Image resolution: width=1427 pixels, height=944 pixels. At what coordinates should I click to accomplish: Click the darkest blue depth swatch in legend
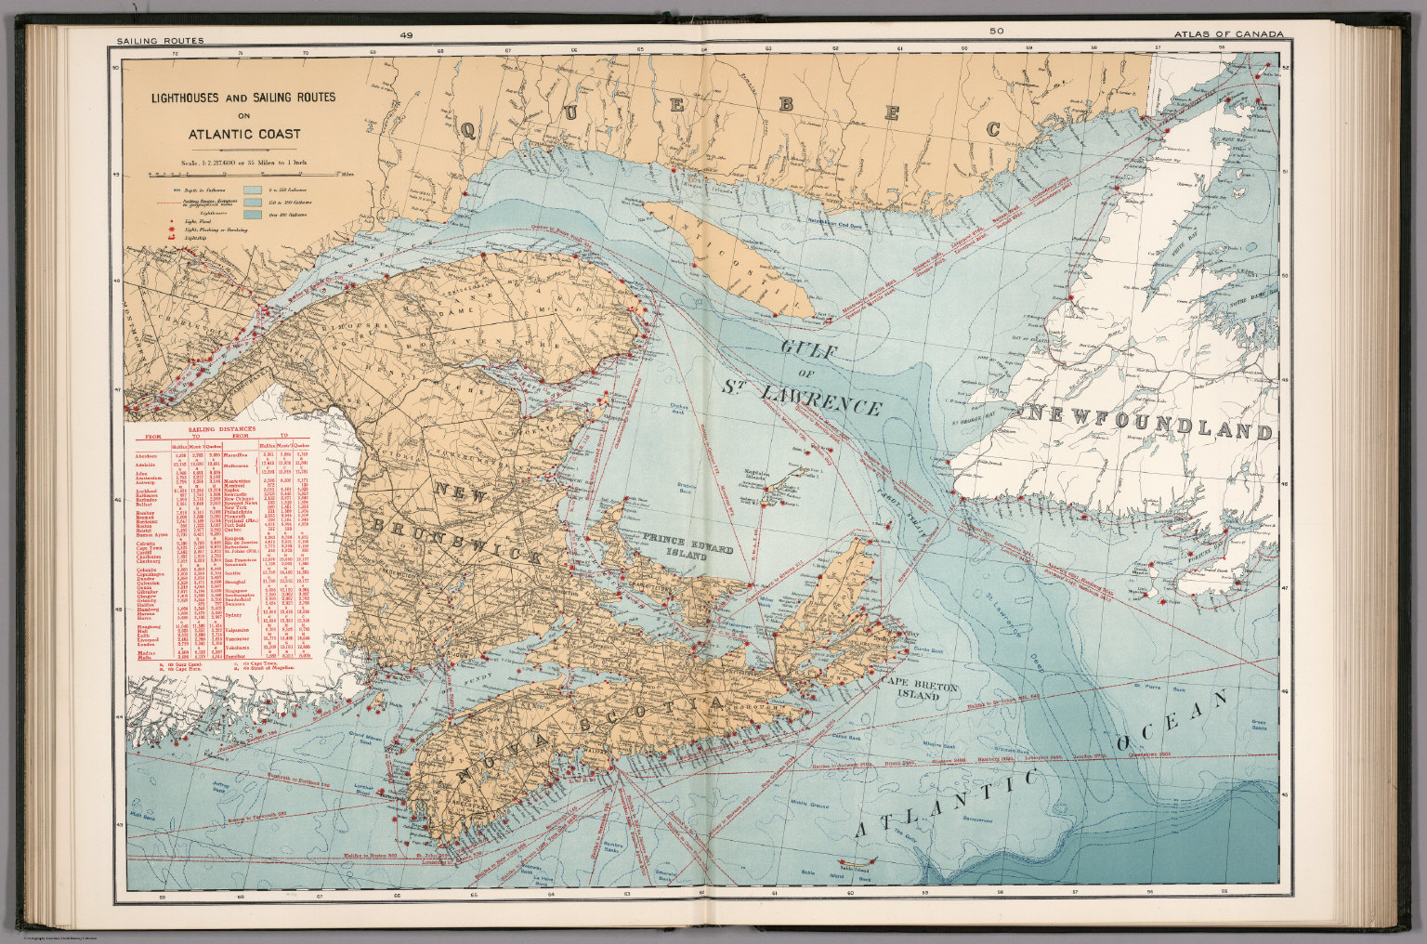[251, 215]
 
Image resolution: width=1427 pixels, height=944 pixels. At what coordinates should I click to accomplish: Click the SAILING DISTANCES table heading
[221, 430]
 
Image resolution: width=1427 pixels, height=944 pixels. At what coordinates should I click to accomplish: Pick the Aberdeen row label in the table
[146, 455]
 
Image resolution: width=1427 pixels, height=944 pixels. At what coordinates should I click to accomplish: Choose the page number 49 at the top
[407, 33]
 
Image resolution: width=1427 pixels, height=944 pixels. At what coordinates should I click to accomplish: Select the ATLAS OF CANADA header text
[1228, 34]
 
